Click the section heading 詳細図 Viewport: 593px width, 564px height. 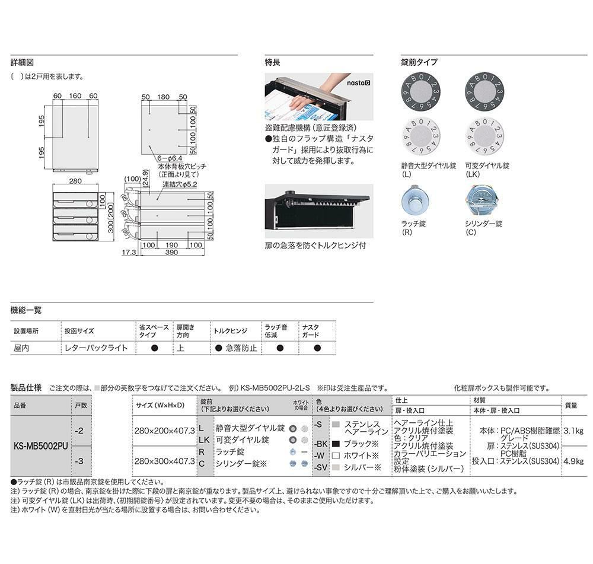(x=22, y=62)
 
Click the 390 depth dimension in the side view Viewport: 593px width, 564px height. (x=171, y=253)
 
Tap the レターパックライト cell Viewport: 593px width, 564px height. (x=95, y=348)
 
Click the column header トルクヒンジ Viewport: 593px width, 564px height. (x=229, y=331)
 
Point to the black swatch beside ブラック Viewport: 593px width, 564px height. (x=336, y=444)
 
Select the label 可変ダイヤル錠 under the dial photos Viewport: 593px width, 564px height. (x=487, y=167)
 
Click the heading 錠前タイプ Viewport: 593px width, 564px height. (x=419, y=62)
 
